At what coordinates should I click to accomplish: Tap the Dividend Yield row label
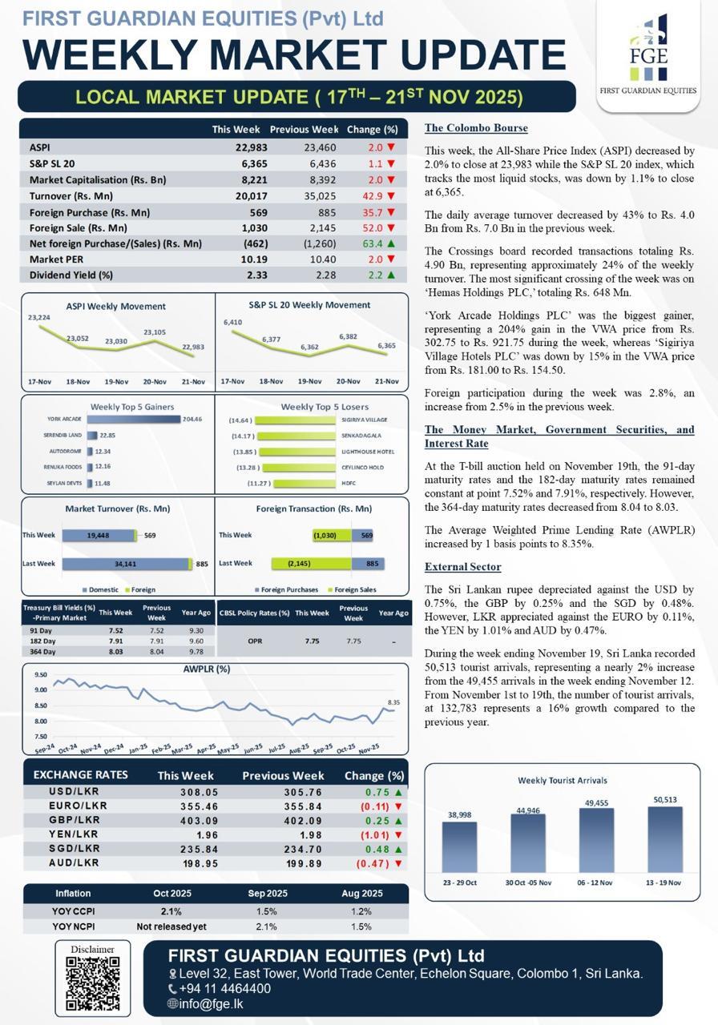(x=71, y=275)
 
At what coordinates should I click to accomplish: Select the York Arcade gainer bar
(x=133, y=419)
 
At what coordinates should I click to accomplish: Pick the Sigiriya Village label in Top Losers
(x=364, y=420)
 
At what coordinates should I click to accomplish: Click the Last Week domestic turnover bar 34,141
(x=125, y=564)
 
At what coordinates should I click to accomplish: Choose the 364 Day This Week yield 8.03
(x=115, y=652)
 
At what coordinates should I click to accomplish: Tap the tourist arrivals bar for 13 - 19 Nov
(x=665, y=839)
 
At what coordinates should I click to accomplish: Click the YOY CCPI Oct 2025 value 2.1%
(x=171, y=911)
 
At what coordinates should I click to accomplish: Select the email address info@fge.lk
(x=211, y=1003)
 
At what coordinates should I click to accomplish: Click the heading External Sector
(x=462, y=567)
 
